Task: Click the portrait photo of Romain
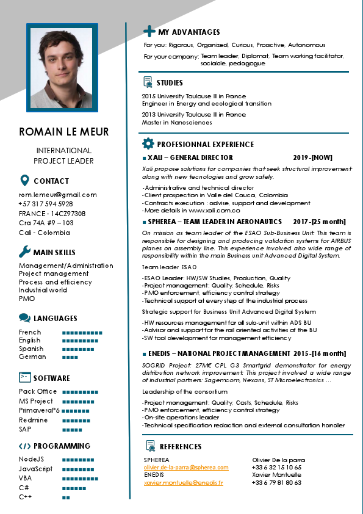click(62, 68)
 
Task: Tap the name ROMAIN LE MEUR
click(64, 132)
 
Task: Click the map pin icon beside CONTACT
click(24, 181)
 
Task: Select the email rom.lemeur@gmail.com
click(58, 195)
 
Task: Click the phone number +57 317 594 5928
click(46, 205)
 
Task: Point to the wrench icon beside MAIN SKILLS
click(24, 252)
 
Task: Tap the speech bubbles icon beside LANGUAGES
click(24, 318)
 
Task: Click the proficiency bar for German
click(70, 357)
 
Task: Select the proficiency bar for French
click(82, 333)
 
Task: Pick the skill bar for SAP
click(72, 429)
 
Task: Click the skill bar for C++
click(66, 498)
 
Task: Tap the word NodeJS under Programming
click(31, 459)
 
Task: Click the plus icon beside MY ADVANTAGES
click(149, 32)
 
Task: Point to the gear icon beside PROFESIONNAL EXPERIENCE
click(148, 144)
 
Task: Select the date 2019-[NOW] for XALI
click(313, 157)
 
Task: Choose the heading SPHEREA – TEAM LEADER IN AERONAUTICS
click(215, 222)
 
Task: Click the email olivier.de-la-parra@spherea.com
click(186, 468)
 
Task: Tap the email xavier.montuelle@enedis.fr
click(183, 482)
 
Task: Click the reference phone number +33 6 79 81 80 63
click(276, 482)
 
